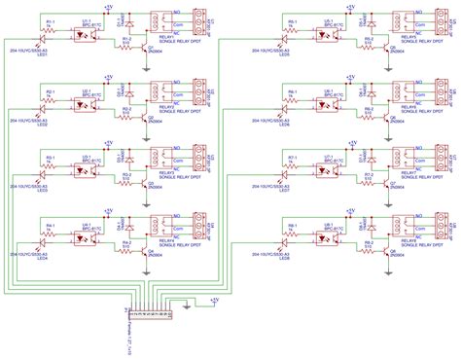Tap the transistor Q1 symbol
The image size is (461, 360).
pos(138,47)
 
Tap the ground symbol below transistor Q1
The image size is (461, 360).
pos(143,58)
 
